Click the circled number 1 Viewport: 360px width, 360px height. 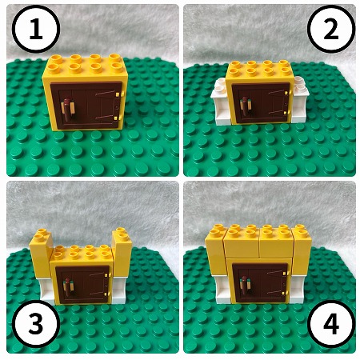point(36,29)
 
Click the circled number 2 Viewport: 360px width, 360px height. point(331,29)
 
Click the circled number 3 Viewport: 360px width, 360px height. point(36,324)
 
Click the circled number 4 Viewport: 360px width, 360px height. point(331,324)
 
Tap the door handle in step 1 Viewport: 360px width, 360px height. point(68,110)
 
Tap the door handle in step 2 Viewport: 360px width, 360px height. point(246,106)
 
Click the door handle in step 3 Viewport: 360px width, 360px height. point(68,287)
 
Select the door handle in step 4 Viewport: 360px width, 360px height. point(246,286)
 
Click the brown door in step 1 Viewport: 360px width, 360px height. point(86,105)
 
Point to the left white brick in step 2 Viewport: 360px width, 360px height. point(220,102)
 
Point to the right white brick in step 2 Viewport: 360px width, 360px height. point(300,100)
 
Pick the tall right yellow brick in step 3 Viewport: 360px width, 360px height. point(122,252)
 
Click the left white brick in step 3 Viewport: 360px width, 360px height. point(47,290)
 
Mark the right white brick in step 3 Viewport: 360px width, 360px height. point(119,290)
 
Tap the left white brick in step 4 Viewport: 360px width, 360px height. point(222,290)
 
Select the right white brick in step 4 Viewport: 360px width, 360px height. point(297,289)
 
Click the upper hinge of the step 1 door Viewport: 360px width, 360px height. point(118,94)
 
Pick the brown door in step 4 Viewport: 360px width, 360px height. point(261,282)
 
